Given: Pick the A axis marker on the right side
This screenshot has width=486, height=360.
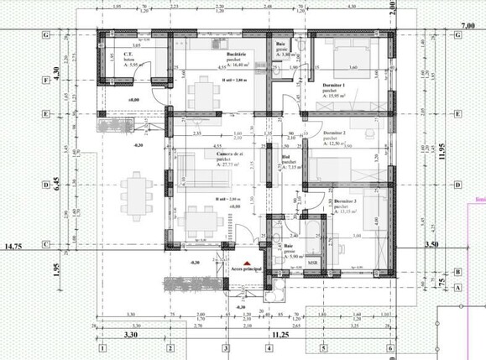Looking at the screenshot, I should point(457,287).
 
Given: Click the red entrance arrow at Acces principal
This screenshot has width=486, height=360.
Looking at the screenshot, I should point(237,258).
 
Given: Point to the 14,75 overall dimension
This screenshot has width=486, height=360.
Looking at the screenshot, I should point(13,248).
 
